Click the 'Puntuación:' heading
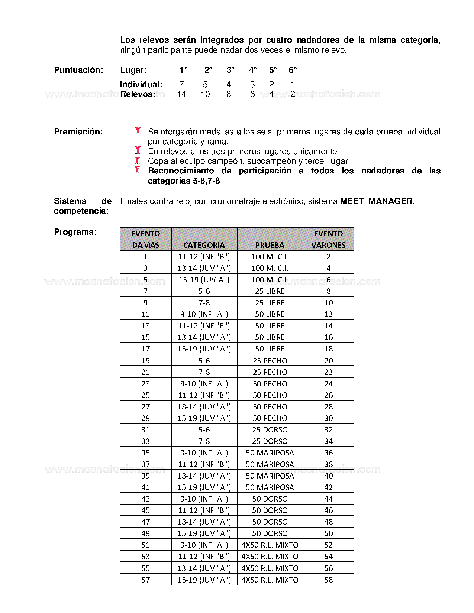(x=78, y=70)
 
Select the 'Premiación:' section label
(x=78, y=132)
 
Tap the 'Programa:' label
(x=75, y=232)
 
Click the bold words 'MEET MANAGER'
(x=376, y=201)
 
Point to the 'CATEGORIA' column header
(x=204, y=245)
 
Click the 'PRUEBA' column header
(x=270, y=245)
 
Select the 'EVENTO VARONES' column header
(x=328, y=239)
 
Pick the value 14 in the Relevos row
(x=181, y=94)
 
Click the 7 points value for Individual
(x=181, y=85)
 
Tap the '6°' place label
(x=293, y=70)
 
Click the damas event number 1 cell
(x=145, y=257)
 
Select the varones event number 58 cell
(x=328, y=580)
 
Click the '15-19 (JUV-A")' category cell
(x=204, y=280)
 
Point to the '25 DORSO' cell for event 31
(x=270, y=430)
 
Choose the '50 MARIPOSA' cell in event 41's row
(x=270, y=487)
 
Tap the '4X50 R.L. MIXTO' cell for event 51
(x=270, y=545)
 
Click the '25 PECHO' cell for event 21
(x=270, y=372)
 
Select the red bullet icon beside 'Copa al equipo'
(x=138, y=160)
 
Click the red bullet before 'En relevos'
(x=138, y=151)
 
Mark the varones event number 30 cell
(x=328, y=418)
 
